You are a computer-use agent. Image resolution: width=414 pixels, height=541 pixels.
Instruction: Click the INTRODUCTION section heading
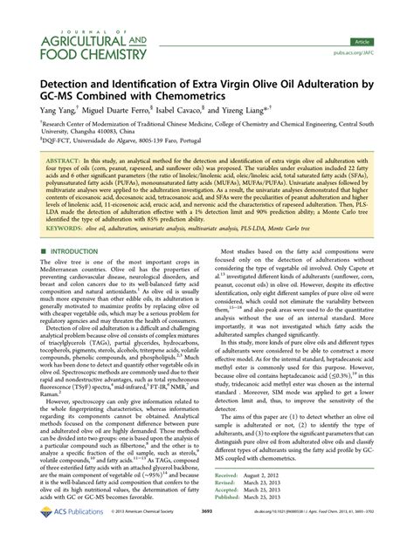(74, 251)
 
